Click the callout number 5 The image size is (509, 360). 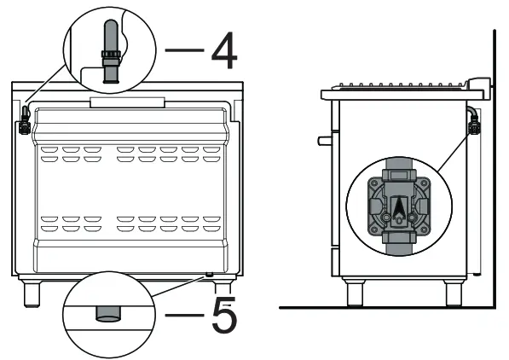(x=223, y=315)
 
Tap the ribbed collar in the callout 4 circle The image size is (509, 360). (x=108, y=61)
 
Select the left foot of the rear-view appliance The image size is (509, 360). (x=32, y=293)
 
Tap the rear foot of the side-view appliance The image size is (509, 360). (x=454, y=293)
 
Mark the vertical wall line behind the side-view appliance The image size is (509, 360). (x=495, y=171)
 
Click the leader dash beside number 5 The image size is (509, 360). (x=184, y=316)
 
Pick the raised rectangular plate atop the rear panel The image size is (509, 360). (x=128, y=102)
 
